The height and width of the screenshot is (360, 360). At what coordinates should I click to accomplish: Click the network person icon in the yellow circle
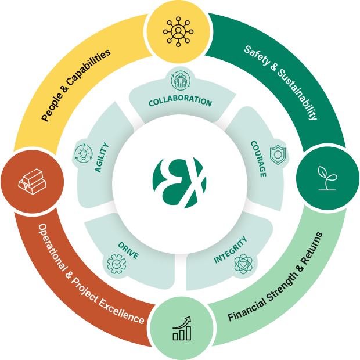point(178,32)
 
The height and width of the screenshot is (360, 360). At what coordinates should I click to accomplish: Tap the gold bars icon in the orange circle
point(33,182)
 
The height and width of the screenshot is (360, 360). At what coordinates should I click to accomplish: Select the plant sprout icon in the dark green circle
point(327,178)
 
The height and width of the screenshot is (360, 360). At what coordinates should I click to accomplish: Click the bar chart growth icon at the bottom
point(182,328)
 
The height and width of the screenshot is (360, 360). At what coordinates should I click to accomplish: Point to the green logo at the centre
point(179,183)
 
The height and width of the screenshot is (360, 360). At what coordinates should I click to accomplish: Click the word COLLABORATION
point(180,101)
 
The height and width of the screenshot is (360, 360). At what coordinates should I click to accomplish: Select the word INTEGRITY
point(231,249)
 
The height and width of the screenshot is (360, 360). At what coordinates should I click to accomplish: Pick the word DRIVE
point(128,250)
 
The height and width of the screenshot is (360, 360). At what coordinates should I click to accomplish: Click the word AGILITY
point(102,157)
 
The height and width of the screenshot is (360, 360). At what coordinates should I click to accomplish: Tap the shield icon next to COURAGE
point(278,155)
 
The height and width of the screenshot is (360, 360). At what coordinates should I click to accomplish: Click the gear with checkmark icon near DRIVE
point(117,264)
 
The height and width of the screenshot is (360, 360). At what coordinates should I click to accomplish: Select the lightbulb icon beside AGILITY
point(84,153)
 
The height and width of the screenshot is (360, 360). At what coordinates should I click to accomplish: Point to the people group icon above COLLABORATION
point(181,80)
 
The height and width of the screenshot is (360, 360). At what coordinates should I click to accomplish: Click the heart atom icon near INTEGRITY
point(243,264)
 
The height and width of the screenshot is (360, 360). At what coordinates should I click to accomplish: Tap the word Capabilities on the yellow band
point(88,69)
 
